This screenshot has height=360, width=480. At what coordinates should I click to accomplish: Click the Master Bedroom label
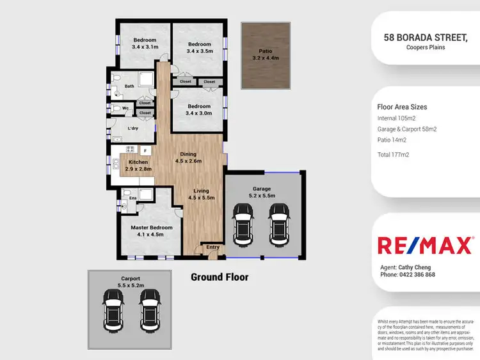coord(152,231)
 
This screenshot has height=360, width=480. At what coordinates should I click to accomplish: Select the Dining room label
coord(188,158)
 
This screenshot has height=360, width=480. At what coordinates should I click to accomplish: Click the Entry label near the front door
coord(212,247)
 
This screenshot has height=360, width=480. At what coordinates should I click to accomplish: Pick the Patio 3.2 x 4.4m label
coord(264,54)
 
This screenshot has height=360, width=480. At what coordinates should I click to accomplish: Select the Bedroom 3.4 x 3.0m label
coord(199,110)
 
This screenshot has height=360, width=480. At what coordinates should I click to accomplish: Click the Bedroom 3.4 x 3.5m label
coord(199,47)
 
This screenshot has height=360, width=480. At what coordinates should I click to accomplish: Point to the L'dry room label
coord(134,129)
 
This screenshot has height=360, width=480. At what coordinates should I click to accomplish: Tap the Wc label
coord(125,108)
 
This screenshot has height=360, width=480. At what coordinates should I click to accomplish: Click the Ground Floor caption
coord(220,277)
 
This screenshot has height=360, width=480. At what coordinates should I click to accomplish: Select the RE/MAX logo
coord(425,246)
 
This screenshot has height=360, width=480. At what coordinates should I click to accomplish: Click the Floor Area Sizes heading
coord(402,107)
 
